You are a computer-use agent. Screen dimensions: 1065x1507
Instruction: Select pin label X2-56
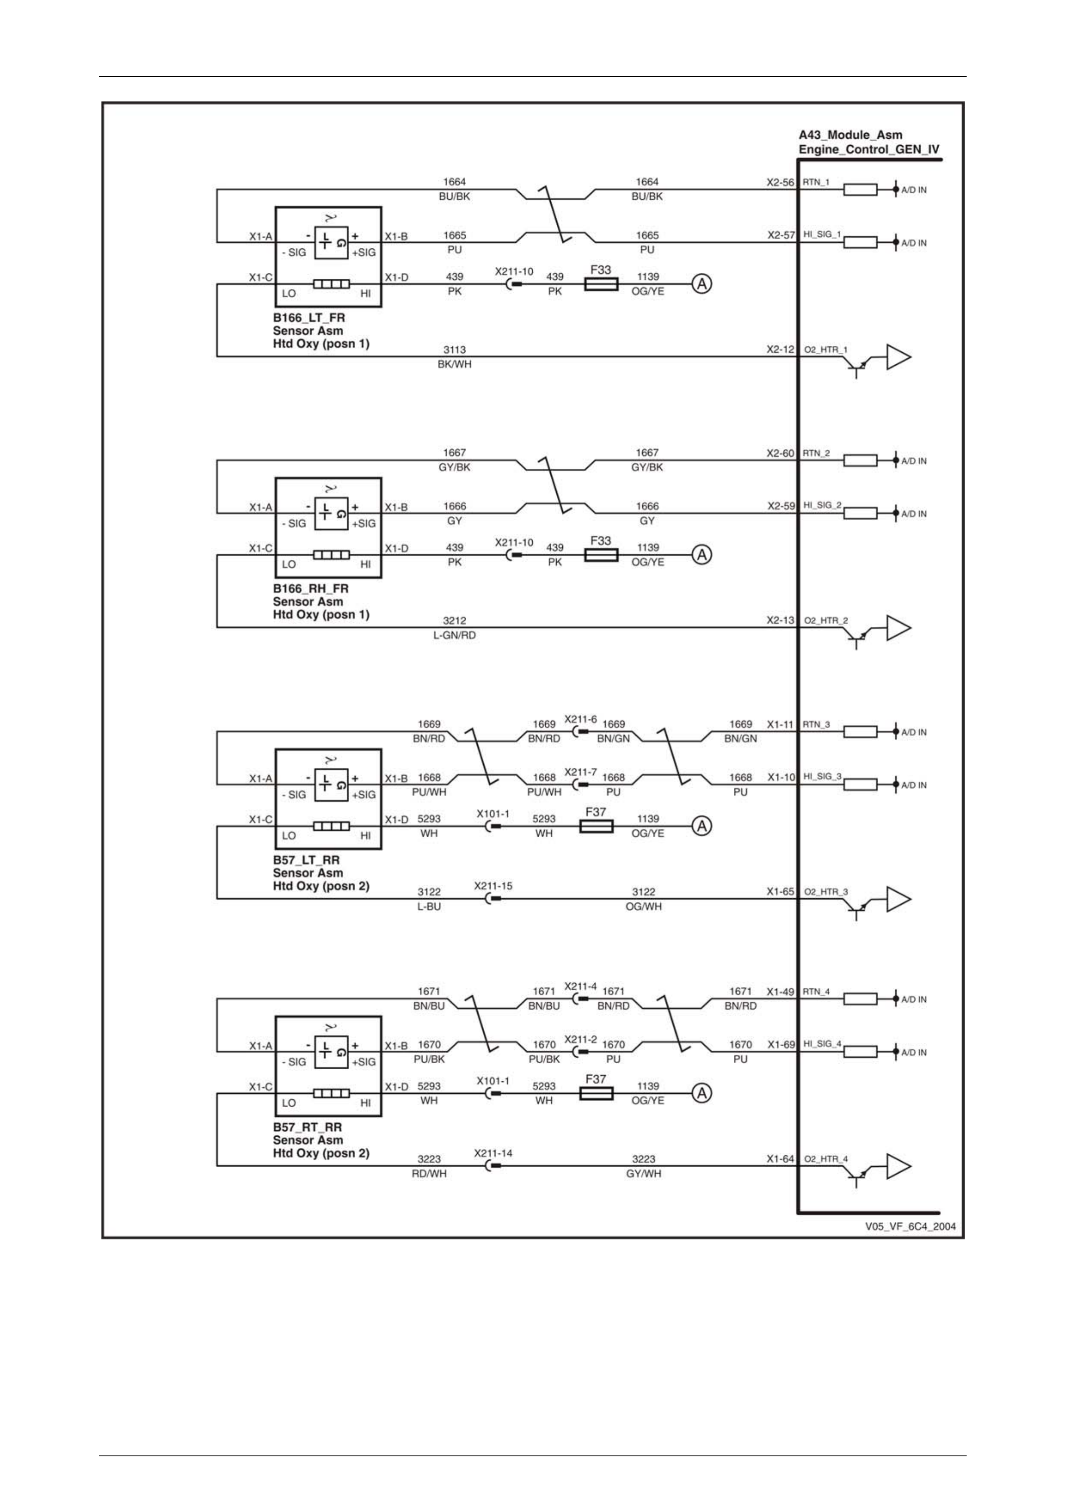[780, 183]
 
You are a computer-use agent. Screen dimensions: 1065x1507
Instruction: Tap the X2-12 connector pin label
[780, 349]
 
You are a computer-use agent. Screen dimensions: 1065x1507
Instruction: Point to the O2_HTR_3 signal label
[825, 891]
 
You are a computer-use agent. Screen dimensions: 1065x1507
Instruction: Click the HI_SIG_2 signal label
[822, 505]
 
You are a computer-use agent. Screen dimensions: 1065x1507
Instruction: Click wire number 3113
[454, 350]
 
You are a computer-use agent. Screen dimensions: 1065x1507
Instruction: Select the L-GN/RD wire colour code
[454, 635]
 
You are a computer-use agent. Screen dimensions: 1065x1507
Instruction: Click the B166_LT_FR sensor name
[308, 317]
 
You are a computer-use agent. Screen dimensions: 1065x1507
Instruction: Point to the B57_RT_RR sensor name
[307, 1127]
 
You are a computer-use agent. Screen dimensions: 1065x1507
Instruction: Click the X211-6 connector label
[581, 720]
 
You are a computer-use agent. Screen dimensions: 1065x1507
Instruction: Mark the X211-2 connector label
[581, 1040]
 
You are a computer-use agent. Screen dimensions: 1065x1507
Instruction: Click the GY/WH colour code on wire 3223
[644, 1174]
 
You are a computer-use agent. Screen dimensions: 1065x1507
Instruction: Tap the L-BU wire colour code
[429, 906]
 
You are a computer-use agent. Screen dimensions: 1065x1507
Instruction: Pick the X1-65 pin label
[780, 891]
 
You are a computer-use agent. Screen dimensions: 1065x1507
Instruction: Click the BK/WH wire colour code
[454, 364]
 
